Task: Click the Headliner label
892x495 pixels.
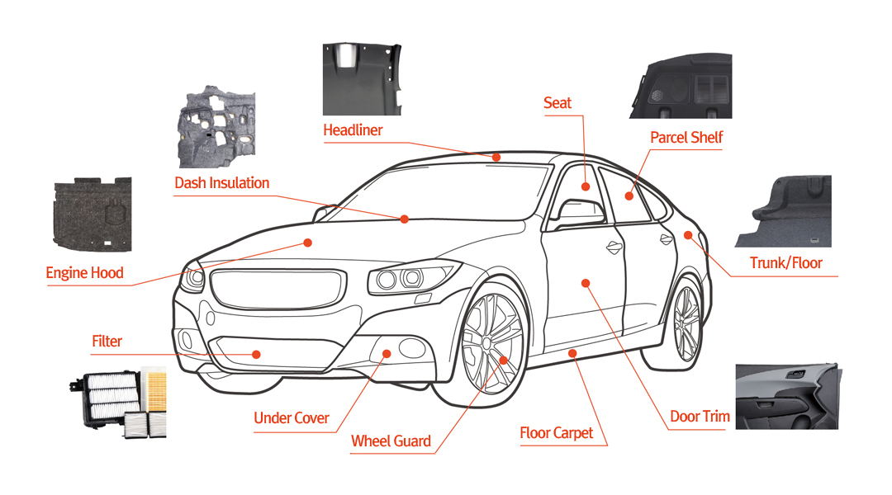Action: (x=353, y=130)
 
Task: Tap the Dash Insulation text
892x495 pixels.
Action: (x=221, y=182)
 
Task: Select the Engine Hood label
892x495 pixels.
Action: (x=84, y=272)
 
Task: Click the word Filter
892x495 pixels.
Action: (x=107, y=341)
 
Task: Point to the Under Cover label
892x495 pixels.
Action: (x=292, y=418)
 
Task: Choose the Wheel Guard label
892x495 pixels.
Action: (x=391, y=441)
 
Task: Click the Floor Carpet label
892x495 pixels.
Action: (x=556, y=432)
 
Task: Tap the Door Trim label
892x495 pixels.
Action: (x=700, y=416)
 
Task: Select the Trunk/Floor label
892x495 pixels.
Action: (x=785, y=263)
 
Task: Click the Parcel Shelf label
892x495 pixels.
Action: (x=686, y=137)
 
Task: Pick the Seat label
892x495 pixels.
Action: (x=557, y=102)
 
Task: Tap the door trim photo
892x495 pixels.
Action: (x=786, y=396)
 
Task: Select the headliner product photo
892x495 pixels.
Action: (x=364, y=79)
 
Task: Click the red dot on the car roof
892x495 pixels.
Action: (x=496, y=157)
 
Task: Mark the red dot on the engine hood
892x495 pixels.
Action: (x=307, y=243)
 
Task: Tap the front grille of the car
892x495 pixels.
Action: (x=275, y=288)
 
